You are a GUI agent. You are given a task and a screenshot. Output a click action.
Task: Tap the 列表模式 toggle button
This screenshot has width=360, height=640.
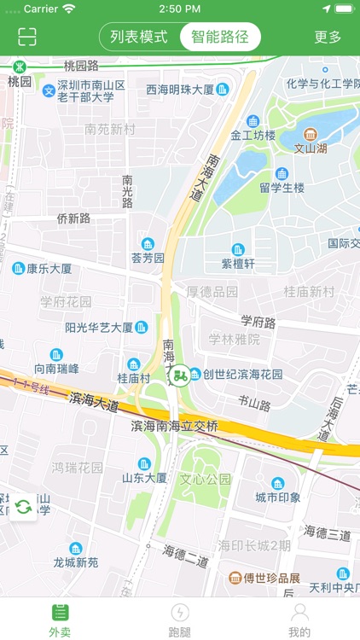coord(139,37)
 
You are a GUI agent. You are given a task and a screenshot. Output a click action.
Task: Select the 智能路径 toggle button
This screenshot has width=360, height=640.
coord(220,37)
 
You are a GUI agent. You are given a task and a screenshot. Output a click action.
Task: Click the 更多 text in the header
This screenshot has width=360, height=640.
coord(328,37)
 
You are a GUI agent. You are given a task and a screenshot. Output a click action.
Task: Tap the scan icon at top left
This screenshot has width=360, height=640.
coord(27,37)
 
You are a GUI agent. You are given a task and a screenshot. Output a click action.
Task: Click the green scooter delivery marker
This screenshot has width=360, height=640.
coord(179,375)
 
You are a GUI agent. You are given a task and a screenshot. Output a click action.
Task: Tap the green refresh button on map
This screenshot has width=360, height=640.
coord(23,507)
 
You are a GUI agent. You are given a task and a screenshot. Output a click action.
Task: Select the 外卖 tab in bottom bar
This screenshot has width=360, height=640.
coord(60,619)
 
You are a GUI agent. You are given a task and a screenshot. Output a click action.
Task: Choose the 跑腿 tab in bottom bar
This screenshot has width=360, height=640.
coord(180,619)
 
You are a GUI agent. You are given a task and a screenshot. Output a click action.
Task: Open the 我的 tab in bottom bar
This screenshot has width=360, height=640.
coord(299,619)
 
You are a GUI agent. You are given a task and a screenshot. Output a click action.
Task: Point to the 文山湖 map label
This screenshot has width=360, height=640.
coord(311,148)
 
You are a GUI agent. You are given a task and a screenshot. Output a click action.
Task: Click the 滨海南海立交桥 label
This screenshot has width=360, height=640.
coord(175,426)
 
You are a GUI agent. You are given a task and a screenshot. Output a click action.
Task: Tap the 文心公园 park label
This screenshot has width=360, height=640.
coord(206,480)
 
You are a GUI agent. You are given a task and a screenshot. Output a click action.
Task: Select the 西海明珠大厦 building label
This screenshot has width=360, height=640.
coord(180,89)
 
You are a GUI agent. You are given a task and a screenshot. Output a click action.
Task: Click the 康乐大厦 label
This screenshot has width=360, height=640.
coord(49,269)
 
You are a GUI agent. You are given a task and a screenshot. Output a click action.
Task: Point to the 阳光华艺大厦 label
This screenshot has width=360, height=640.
coord(99,327)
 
